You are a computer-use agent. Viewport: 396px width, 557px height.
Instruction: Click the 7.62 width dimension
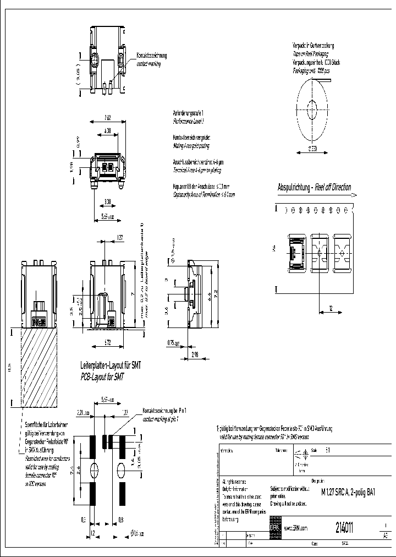[x=108, y=117]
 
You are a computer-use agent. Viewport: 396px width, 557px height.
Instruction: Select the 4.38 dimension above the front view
[x=108, y=130]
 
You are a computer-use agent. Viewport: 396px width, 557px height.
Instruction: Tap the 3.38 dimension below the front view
[x=108, y=201]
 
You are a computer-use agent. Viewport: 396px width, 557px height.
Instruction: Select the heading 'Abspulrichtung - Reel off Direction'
[x=314, y=187]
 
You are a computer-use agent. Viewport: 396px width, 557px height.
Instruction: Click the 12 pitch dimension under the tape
[x=330, y=308]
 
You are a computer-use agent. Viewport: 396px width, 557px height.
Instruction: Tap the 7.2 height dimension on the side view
[x=216, y=291]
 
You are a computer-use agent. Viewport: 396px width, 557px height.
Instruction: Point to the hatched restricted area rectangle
[x=39, y=368]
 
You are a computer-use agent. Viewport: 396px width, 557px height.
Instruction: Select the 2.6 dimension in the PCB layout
[x=79, y=469]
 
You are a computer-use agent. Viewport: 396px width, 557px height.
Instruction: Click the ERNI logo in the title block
[x=274, y=527]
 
